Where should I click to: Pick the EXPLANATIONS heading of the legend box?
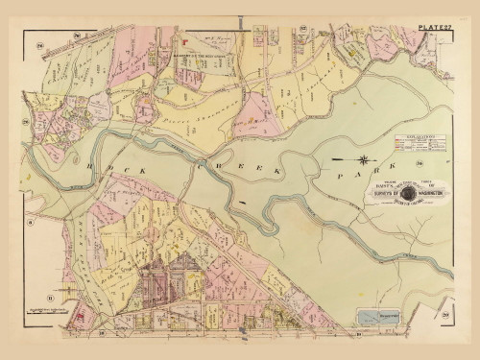click(422, 138)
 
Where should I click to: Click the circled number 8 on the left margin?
click(30, 223)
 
